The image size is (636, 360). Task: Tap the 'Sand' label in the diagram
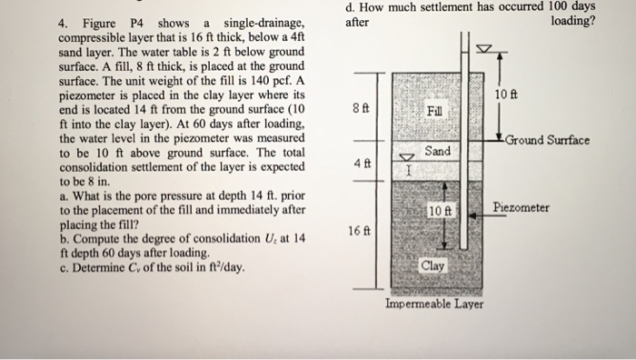pos(437,150)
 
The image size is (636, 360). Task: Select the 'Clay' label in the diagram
pos(433,266)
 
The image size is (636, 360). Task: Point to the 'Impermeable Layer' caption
pos(434,304)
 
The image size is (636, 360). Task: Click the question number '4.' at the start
pos(64,23)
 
